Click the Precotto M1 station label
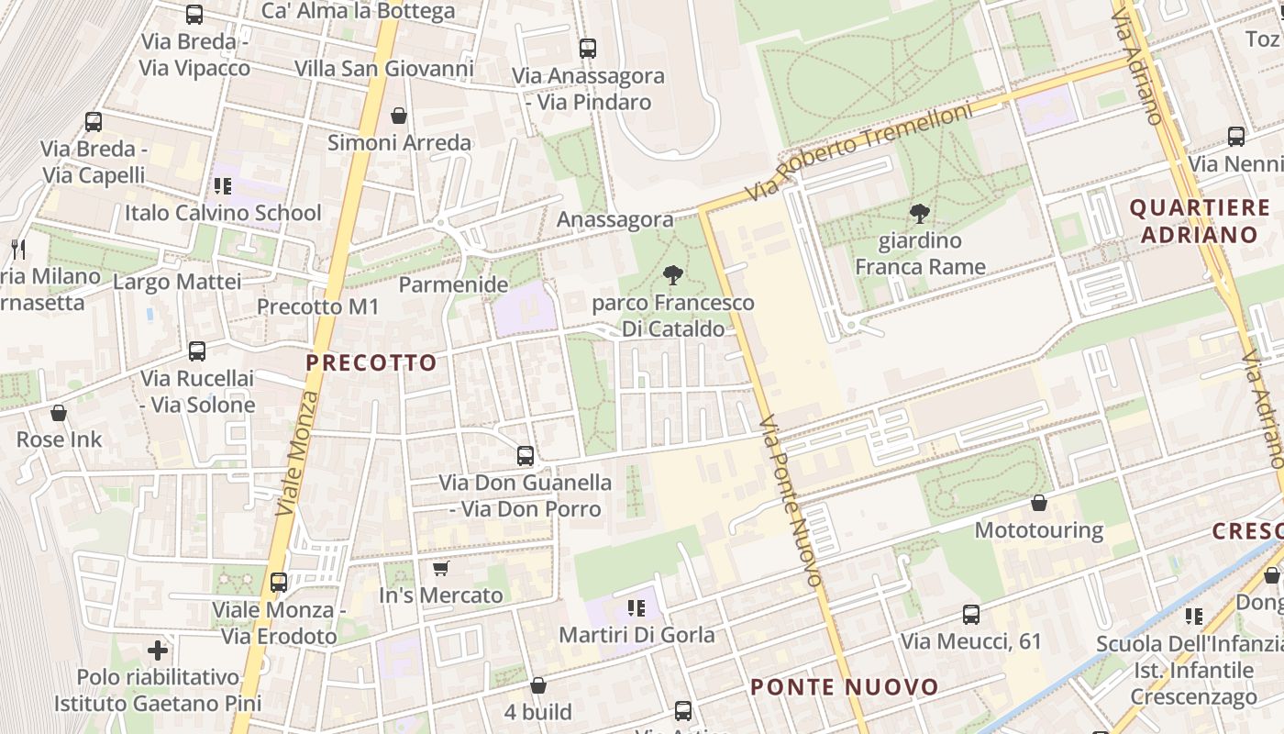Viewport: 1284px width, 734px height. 317,306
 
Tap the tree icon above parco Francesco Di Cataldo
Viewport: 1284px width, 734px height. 673,274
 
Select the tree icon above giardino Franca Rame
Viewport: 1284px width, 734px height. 919,214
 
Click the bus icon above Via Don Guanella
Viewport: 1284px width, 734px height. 526,454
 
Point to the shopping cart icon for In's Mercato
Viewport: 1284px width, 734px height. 441,568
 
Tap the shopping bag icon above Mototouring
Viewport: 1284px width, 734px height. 1039,503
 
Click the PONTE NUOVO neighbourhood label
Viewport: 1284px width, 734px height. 845,687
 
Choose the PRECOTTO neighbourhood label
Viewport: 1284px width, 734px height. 371,362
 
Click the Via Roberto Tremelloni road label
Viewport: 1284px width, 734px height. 858,152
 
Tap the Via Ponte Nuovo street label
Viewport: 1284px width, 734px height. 791,501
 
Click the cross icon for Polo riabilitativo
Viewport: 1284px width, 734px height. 158,651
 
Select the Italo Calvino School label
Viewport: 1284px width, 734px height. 223,213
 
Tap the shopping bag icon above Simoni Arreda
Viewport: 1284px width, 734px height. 399,116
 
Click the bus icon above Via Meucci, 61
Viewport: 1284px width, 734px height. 971,614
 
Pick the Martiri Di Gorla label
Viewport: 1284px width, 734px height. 636,634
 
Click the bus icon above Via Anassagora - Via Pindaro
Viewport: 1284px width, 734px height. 588,49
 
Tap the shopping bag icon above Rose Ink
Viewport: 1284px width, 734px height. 59,413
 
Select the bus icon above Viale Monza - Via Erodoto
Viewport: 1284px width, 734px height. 279,582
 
